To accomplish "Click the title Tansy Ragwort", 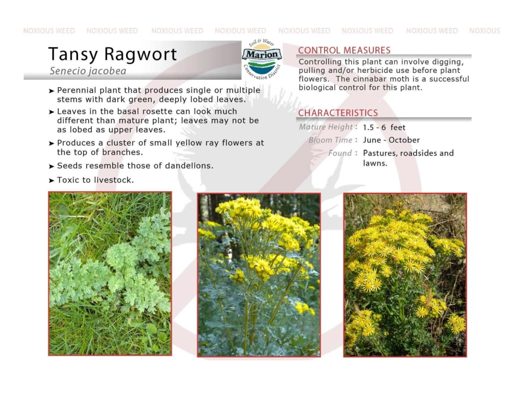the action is pos(112,54).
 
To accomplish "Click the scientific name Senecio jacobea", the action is pos(88,71).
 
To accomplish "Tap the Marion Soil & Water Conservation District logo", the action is pos(262,59).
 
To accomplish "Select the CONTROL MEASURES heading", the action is pos(344,50).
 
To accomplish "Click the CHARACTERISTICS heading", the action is pos(338,113).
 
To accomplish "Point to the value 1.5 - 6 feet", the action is pos(384,128).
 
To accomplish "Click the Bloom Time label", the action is pos(331,140).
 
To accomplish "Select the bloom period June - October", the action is pos(391,140).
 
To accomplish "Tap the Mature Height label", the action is pos(326,127).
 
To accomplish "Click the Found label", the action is pos(340,153).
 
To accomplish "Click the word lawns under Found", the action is pos(374,164).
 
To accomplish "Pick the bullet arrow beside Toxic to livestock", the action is pos(51,180).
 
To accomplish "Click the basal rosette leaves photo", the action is pos(110,273).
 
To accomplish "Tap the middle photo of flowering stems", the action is pos(259,275).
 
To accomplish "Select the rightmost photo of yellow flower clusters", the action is pos(405,275).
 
